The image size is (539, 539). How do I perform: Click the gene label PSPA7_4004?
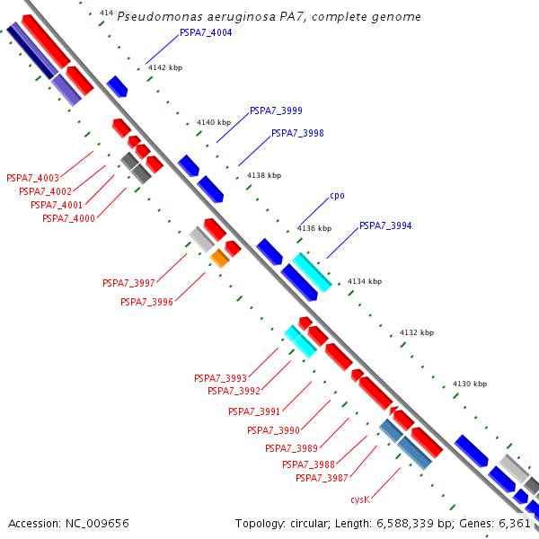click(206, 32)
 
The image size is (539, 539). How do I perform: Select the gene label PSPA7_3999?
click(276, 111)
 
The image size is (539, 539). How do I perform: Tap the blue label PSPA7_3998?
click(297, 133)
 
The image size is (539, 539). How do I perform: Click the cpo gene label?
click(337, 195)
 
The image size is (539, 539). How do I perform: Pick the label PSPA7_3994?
click(385, 225)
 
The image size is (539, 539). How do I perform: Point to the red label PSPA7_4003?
click(32, 178)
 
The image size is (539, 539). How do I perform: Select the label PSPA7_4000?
click(68, 218)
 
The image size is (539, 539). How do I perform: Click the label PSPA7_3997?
click(128, 283)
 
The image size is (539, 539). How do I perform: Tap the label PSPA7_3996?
click(146, 302)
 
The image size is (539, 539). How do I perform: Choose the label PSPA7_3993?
click(220, 378)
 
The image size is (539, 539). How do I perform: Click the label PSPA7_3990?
click(273, 430)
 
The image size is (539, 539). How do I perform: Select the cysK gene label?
click(360, 499)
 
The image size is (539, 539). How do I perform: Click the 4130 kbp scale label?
click(470, 384)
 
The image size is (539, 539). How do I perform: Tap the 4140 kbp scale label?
click(213, 122)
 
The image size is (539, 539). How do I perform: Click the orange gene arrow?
click(219, 259)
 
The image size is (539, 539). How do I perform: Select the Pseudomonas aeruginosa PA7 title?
click(269, 17)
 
